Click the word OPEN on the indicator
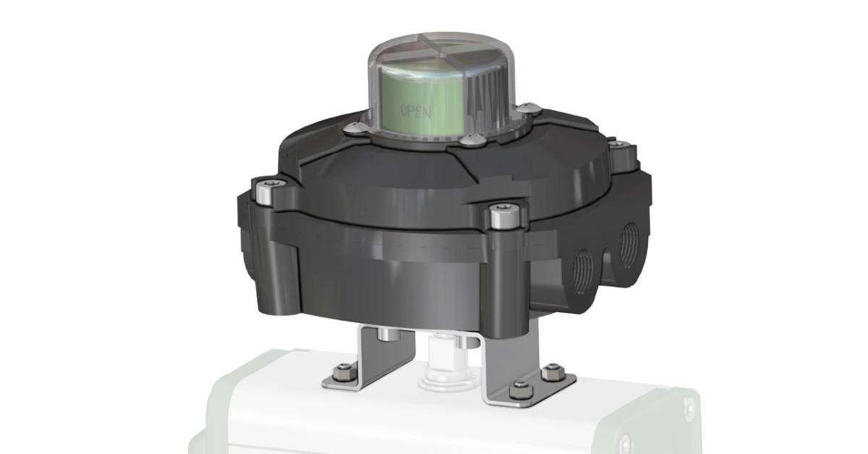(416, 112)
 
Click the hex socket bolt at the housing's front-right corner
(498, 215)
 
